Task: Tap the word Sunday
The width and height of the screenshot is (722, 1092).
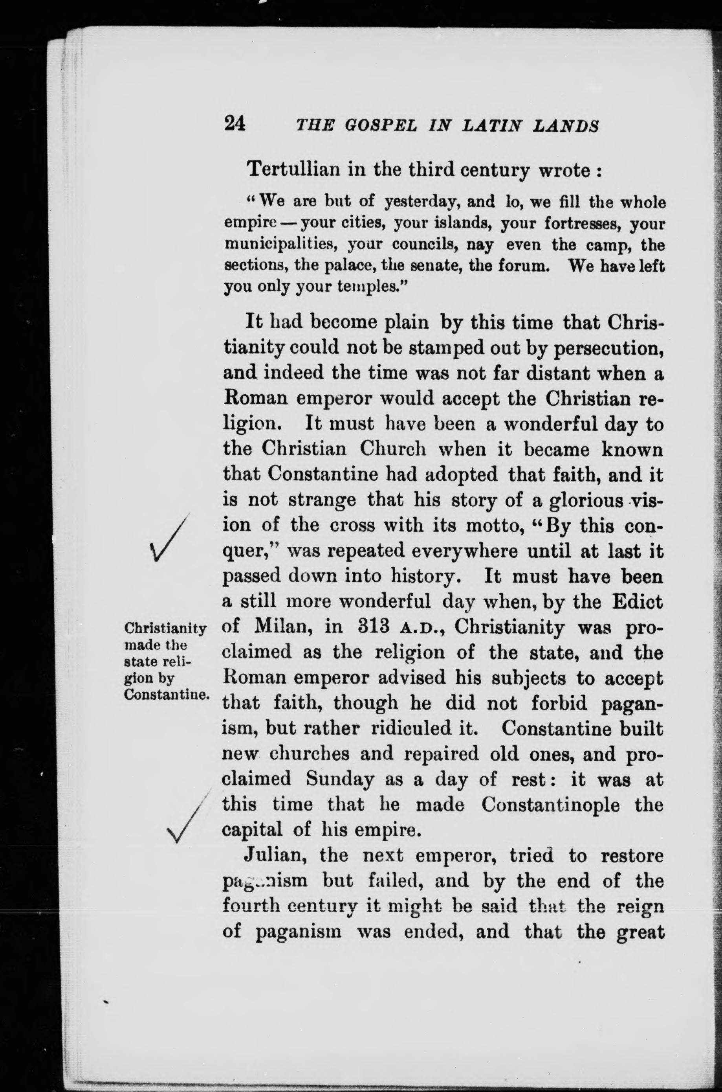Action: click(340, 779)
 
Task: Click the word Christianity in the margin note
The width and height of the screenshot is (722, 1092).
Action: click(165, 628)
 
